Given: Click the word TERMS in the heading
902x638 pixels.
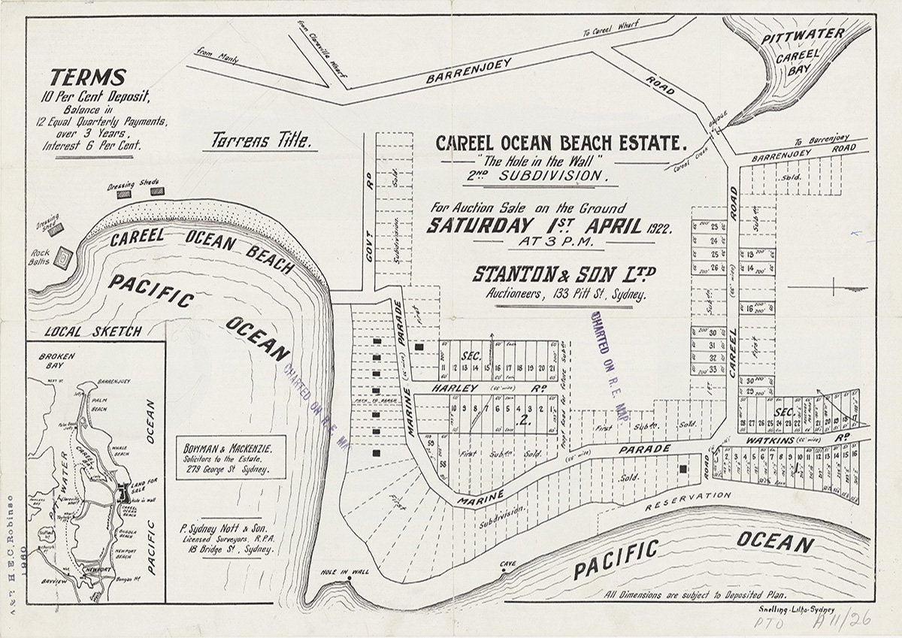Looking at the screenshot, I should pos(88,77).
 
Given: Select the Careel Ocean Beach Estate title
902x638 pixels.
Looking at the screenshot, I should pos(561,142).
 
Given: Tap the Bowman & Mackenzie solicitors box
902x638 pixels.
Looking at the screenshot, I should pos(230,457).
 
